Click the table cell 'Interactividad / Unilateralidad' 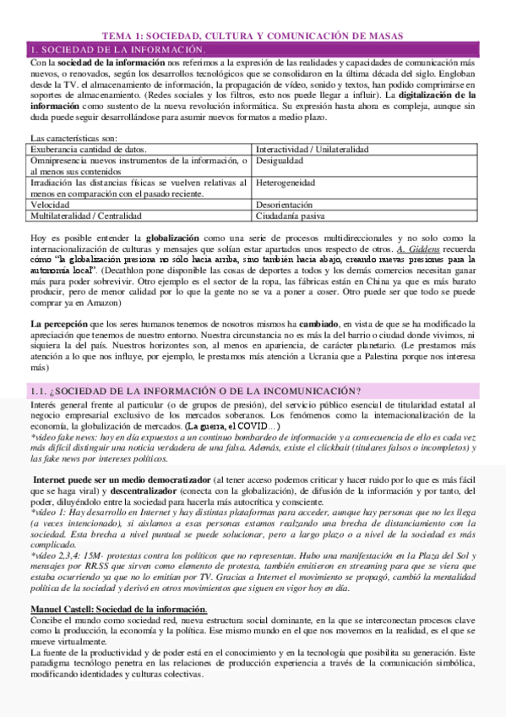tap(312, 149)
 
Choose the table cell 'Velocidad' tap(50, 204)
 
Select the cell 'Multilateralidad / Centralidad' tap(90, 216)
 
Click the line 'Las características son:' tap(73, 137)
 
